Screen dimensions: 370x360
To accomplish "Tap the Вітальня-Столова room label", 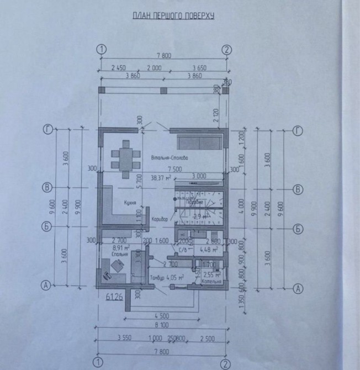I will point(170,158).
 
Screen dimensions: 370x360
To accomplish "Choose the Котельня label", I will point(211,282).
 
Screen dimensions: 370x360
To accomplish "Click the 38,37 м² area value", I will point(161,178).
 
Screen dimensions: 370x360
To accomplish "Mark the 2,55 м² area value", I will point(212,274).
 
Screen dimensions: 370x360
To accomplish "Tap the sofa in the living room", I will point(198,140).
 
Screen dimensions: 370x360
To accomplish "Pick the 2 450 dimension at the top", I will point(119,68).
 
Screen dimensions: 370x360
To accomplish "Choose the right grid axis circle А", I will point(299,288).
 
